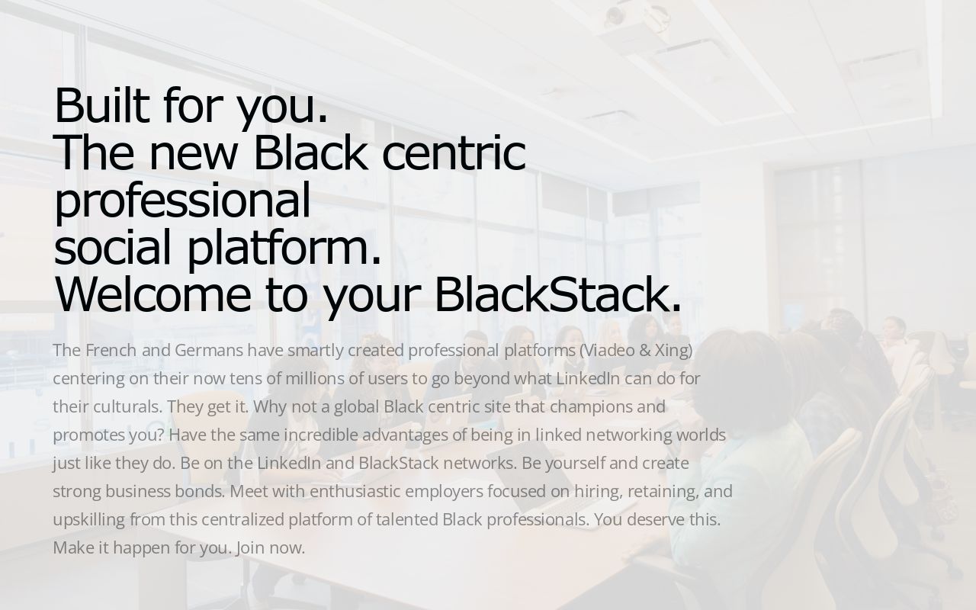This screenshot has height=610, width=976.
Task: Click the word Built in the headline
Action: pyautogui.click(x=101, y=105)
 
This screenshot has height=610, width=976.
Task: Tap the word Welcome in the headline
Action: pyautogui.click(x=152, y=294)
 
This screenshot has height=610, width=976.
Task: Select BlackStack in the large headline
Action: pyautogui.click(x=557, y=294)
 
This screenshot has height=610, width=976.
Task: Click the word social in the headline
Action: pyautogui.click(x=112, y=247)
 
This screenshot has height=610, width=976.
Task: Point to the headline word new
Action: pyautogui.click(x=193, y=152)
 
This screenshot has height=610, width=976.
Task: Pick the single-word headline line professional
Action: pyautogui.click(x=182, y=200)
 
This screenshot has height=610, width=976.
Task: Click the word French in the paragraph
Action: pyautogui.click(x=111, y=350)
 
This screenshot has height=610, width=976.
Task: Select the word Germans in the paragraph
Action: pyautogui.click(x=209, y=350)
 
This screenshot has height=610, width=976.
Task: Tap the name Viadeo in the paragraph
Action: pyautogui.click(x=608, y=350)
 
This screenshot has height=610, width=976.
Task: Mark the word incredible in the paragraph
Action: pyautogui.click(x=320, y=435)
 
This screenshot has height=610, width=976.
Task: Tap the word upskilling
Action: pyautogui.click(x=88, y=519)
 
